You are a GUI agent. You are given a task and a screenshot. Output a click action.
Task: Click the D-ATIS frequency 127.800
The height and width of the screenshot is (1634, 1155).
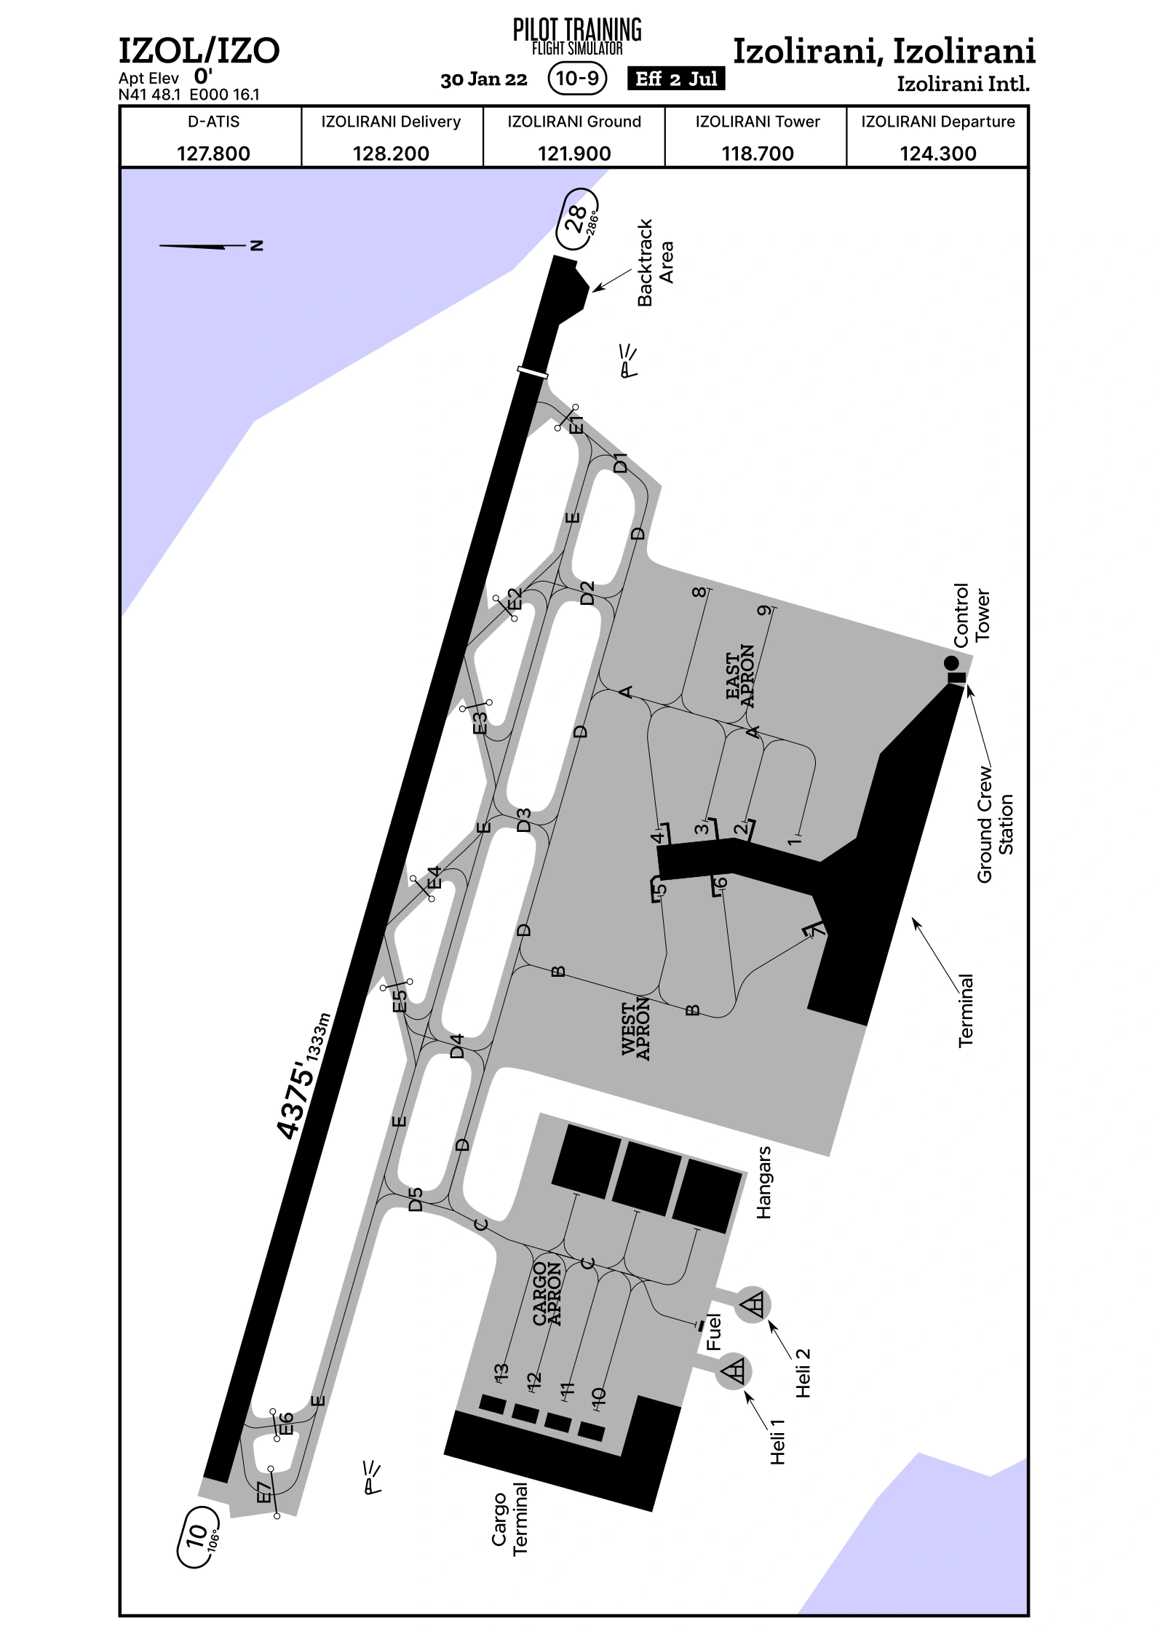213,154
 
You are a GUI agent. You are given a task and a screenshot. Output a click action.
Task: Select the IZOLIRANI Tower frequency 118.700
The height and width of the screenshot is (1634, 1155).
757,154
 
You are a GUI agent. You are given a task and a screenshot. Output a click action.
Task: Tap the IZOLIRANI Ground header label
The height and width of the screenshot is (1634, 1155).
574,122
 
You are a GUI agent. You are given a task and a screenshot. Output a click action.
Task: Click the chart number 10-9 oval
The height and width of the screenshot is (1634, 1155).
577,78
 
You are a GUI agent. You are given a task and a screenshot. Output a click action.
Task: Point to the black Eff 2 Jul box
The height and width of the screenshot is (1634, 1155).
676,79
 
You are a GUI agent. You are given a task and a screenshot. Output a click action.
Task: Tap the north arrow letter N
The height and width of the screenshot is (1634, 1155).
256,245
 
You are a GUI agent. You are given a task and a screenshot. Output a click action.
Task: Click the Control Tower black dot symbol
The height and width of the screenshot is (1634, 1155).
951,663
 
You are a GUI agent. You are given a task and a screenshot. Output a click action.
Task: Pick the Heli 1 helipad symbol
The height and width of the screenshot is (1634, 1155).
734,1371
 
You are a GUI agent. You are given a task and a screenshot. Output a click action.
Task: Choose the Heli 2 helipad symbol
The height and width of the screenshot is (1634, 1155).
753,1304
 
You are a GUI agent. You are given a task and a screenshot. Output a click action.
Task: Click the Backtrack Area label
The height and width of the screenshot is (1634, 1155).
656,263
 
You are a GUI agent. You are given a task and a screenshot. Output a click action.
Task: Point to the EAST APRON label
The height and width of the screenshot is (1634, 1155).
740,676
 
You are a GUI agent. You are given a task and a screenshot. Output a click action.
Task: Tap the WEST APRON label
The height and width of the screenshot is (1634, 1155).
635,1028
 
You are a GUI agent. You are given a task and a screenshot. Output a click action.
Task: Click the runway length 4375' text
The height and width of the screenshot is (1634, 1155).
296,1100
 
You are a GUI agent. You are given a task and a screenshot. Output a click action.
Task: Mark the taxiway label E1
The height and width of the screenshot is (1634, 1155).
576,425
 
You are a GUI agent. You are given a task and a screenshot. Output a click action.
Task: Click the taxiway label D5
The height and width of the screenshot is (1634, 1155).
416,1199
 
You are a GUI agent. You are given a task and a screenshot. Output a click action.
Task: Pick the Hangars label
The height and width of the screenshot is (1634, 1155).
763,1183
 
